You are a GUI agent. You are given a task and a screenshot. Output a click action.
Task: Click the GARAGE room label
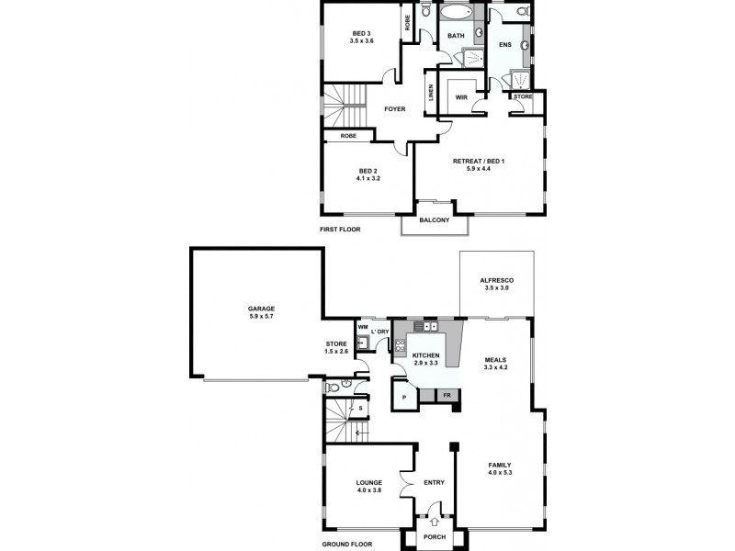(x=262, y=309)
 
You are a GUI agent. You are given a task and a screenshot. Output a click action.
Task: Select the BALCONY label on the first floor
(x=434, y=220)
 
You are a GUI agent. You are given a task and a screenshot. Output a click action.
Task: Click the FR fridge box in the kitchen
(x=447, y=395)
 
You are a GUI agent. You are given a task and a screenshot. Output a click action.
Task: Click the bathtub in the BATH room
(x=455, y=16)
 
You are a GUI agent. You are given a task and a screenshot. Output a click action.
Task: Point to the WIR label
(x=461, y=97)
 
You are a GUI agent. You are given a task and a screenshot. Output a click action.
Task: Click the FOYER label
(x=394, y=109)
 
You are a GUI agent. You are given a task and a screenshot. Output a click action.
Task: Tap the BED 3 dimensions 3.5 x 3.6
(x=361, y=41)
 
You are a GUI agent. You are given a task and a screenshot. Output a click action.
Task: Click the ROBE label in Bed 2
(x=348, y=136)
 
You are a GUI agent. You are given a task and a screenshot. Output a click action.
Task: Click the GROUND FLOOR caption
(x=346, y=544)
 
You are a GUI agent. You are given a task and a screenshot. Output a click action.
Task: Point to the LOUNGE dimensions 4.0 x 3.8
(x=369, y=490)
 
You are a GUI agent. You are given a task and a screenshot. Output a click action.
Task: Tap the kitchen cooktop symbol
(x=401, y=346)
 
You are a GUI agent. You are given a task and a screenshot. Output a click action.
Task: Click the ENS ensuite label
(x=505, y=44)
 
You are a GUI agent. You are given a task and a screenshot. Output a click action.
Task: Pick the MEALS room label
(x=496, y=359)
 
